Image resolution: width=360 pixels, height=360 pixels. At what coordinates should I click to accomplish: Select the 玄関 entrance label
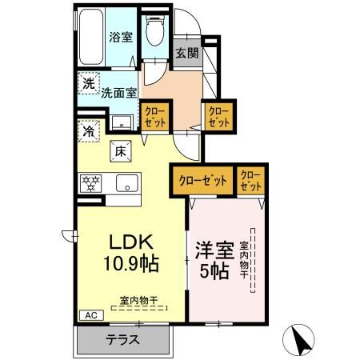pos(185,54)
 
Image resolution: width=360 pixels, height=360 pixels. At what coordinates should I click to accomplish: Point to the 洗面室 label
pos(118,91)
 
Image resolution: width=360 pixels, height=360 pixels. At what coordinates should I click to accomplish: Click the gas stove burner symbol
pos(90,183)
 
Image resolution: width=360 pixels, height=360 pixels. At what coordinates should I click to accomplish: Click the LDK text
pos(126,242)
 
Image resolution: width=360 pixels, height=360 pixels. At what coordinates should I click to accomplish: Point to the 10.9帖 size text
pos(128,262)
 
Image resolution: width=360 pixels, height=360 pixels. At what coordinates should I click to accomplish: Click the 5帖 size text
pos(214,270)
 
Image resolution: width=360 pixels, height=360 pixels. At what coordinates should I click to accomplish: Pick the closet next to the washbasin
pos(153,118)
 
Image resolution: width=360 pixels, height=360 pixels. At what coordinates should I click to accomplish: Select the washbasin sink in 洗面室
pos(121,122)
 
